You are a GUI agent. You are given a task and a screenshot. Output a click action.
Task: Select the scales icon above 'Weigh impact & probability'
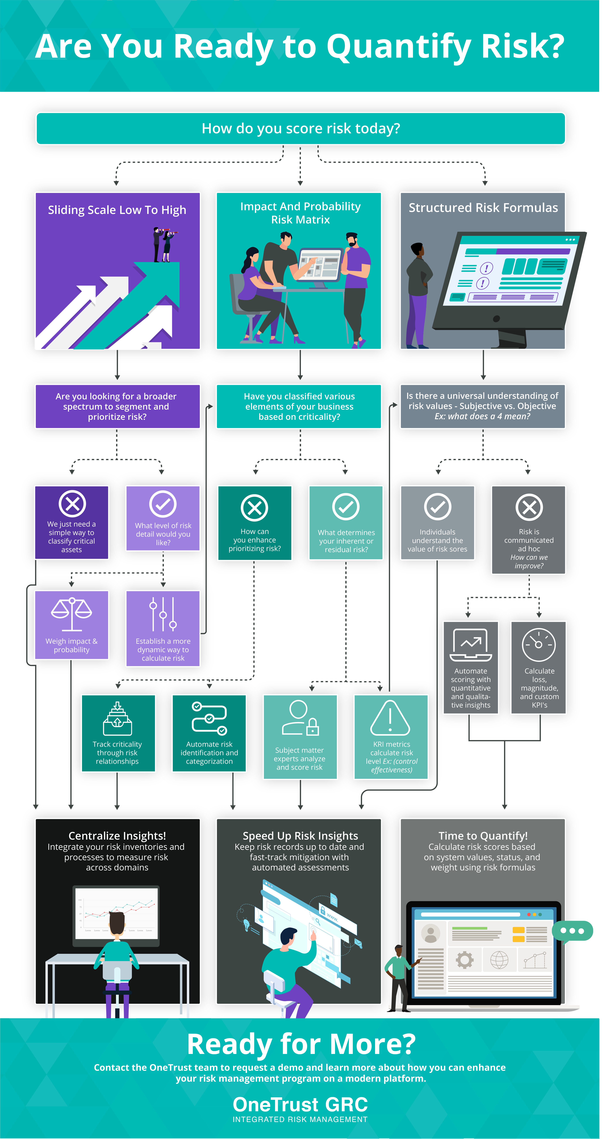pyautogui.click(x=72, y=614)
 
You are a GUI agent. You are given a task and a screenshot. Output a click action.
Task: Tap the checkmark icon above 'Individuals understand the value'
pyautogui.click(x=437, y=507)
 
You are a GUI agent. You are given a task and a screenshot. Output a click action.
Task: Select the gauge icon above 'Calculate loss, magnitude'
pyautogui.click(x=539, y=645)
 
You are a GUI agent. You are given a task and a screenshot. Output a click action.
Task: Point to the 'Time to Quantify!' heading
pyautogui.click(x=483, y=836)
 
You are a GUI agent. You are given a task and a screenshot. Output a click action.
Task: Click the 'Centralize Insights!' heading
pyautogui.click(x=117, y=836)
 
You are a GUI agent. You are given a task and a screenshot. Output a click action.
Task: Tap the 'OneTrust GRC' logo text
pyautogui.click(x=300, y=1105)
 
